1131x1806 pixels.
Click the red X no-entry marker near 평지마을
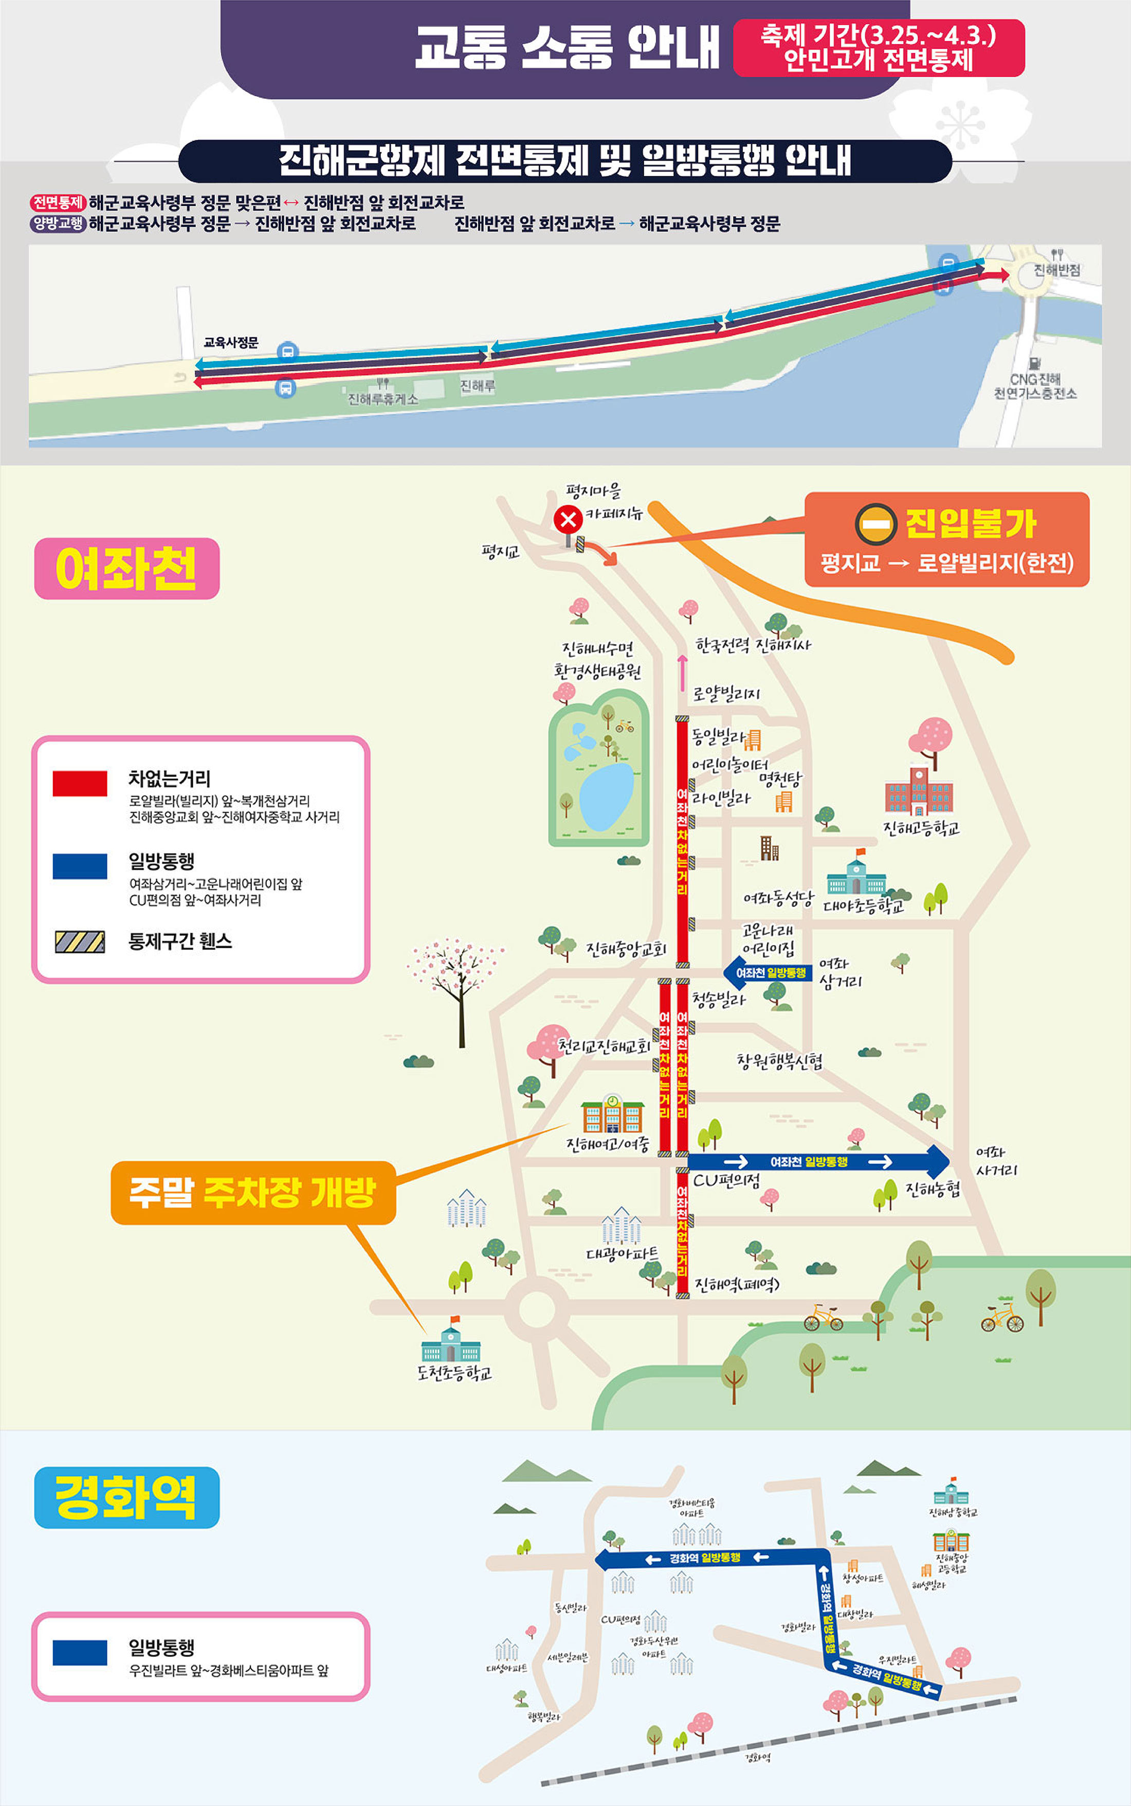(x=569, y=519)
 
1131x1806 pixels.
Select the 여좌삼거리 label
(x=840, y=972)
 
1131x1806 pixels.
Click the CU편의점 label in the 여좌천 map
(x=726, y=1180)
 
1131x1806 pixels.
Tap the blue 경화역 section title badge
(x=126, y=1498)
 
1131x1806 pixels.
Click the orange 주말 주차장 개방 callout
(x=253, y=1192)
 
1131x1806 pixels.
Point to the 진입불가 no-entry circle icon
(x=875, y=524)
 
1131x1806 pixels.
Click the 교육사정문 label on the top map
(x=230, y=343)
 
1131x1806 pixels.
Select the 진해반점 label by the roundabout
(x=1056, y=270)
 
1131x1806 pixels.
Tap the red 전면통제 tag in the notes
(x=58, y=203)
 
